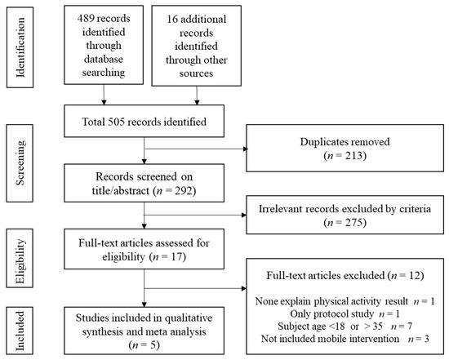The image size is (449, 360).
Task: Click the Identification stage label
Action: click(20, 47)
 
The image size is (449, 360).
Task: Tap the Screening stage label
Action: click(20, 162)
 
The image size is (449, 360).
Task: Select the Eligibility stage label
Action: click(20, 261)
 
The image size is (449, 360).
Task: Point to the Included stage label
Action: click(20, 331)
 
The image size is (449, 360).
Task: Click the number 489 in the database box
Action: click(86, 18)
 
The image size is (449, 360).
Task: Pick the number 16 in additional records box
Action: click(172, 20)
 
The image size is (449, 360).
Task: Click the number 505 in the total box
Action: click(117, 122)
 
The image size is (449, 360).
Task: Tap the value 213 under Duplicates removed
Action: click(354, 156)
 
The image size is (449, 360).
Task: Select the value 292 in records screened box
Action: click(184, 190)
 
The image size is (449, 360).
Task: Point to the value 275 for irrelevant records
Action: click(354, 222)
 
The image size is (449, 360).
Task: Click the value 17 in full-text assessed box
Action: click(176, 256)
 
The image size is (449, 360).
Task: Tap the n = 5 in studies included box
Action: click(144, 345)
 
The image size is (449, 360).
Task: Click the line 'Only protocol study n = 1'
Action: click(345, 314)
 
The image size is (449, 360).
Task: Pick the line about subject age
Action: click(345, 327)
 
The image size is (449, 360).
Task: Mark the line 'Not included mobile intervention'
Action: click(345, 339)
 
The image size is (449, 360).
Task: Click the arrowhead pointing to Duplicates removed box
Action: click(246, 149)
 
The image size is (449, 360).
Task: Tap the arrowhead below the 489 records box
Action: click(104, 102)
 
